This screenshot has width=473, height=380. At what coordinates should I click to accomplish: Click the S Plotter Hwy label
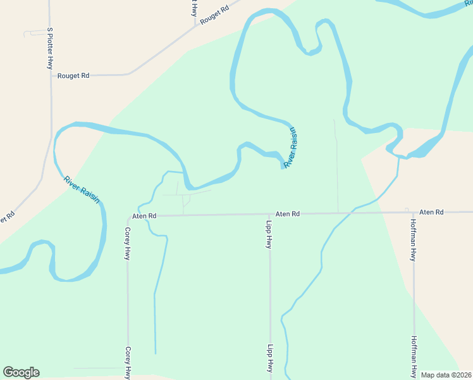[x=49, y=48]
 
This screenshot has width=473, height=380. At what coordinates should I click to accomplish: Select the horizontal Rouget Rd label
[x=73, y=75]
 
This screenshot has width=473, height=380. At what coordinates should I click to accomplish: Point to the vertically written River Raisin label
[x=291, y=148]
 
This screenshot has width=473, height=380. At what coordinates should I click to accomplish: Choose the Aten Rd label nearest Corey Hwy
[x=145, y=216]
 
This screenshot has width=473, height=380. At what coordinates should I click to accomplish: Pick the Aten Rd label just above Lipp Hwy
[x=287, y=214]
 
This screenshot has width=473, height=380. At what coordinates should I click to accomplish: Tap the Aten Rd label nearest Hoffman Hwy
[x=431, y=212]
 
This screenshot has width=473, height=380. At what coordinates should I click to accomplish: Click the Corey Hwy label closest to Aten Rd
[x=127, y=244]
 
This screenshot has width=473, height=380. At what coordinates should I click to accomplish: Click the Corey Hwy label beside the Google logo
[x=127, y=362]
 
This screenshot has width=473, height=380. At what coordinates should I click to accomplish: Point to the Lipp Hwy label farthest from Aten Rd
[x=270, y=358]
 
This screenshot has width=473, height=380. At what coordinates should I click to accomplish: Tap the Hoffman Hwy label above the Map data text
[x=414, y=356]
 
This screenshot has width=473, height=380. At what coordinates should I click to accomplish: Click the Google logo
[x=21, y=372]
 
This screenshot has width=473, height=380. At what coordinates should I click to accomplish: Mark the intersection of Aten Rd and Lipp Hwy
[x=269, y=215]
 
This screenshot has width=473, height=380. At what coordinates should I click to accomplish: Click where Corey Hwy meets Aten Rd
[x=128, y=216]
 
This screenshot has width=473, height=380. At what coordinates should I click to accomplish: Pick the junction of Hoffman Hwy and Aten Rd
[x=414, y=212]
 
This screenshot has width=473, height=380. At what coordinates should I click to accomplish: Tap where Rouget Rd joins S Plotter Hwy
[x=51, y=75]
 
